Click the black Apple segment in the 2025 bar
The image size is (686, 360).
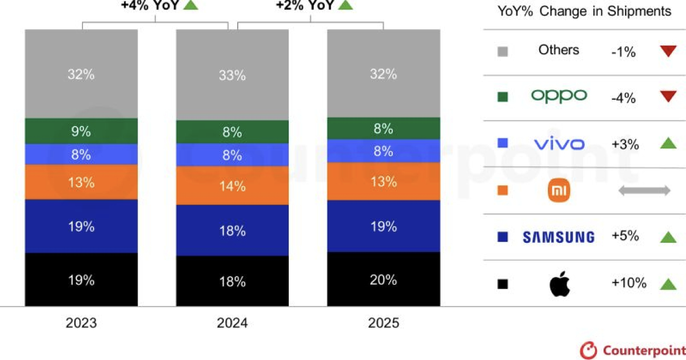[x=383, y=279]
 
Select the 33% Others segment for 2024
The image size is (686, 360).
[x=232, y=74]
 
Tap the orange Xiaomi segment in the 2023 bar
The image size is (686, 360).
[x=81, y=182]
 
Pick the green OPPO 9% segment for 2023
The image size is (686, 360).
[x=81, y=131]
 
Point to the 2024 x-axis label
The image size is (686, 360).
[x=232, y=323]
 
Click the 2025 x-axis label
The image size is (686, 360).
[x=383, y=323]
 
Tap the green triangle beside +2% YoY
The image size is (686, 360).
[x=345, y=5]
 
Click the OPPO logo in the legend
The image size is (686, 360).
[x=559, y=95]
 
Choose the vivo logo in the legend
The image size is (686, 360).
[x=559, y=143]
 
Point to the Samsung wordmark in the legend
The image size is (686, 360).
[x=559, y=237]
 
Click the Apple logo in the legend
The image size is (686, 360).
[x=559, y=283]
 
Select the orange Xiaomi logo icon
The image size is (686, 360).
[x=559, y=190]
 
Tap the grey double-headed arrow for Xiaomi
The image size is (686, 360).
[x=644, y=191]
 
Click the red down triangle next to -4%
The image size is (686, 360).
[x=668, y=97]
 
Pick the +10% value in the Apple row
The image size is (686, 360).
[x=628, y=283]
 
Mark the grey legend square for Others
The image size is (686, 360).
[x=503, y=51]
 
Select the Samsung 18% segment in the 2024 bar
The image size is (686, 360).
[x=232, y=230]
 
